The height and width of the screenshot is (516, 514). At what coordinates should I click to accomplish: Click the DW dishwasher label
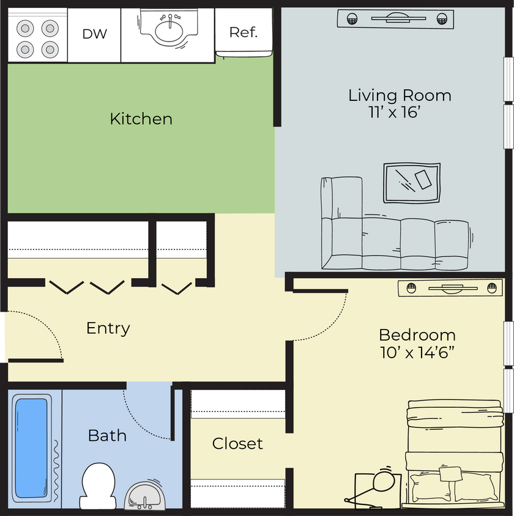click(94, 34)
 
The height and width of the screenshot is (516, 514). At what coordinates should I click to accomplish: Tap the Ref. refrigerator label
click(243, 32)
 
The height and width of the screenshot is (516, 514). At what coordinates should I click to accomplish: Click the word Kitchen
click(141, 119)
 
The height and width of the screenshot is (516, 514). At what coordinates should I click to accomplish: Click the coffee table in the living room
click(412, 183)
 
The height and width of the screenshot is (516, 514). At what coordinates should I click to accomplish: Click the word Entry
click(108, 328)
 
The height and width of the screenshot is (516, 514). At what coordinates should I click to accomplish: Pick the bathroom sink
click(144, 495)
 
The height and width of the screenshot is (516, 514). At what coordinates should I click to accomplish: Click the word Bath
click(107, 436)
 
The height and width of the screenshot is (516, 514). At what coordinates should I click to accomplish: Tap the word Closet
click(237, 443)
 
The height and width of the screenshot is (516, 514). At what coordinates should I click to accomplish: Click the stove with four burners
click(37, 37)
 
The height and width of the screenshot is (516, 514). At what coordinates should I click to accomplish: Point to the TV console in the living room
click(396, 19)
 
